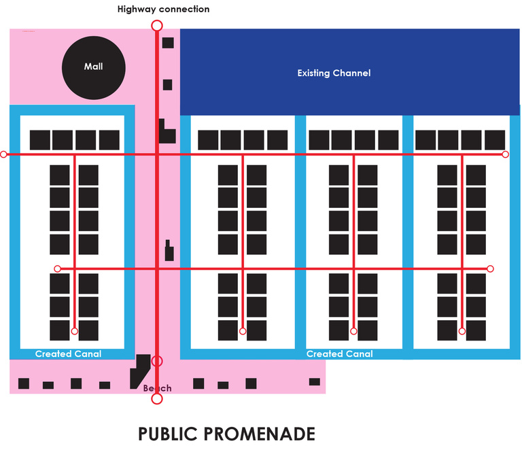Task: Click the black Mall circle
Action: (94, 67)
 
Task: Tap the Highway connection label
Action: (163, 10)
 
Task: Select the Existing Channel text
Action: (334, 73)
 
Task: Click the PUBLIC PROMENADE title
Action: (226, 434)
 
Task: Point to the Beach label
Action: (157, 388)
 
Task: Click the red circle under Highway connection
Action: (156, 26)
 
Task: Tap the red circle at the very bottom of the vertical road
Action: (157, 398)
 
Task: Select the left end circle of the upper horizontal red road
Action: (3, 155)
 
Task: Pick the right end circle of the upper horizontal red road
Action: (505, 154)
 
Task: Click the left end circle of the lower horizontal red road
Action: (58, 269)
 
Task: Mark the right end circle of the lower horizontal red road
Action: (490, 269)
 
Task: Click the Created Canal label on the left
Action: (68, 353)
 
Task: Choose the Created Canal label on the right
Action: (339, 353)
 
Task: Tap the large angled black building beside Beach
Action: (141, 370)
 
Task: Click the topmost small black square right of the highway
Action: (168, 43)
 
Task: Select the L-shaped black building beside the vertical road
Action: (166, 131)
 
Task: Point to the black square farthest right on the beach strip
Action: (314, 381)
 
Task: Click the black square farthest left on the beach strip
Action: (24, 383)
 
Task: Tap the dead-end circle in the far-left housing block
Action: (75, 331)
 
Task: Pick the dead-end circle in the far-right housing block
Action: (462, 331)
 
